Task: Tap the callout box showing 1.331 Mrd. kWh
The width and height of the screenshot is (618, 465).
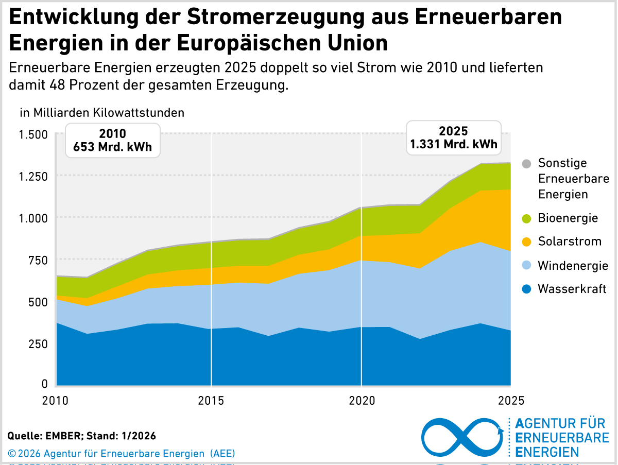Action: coord(454,137)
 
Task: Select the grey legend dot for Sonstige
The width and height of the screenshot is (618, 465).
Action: coord(526,164)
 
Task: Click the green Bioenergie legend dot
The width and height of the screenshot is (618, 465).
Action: coord(526,218)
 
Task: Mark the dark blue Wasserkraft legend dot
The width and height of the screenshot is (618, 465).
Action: coord(526,289)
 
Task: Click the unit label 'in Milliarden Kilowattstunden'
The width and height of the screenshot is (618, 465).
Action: coord(102,112)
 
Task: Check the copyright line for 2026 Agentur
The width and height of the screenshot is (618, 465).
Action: coord(122,454)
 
